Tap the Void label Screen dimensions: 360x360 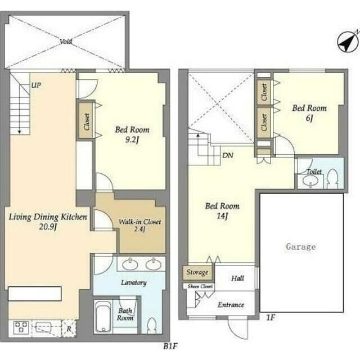tap(66, 42)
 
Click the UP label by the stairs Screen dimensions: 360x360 tap(36, 85)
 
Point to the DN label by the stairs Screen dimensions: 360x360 tap(227, 155)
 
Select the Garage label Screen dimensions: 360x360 tap(301, 247)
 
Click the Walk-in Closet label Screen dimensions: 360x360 tap(140, 222)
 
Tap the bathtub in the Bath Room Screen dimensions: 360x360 tap(103, 317)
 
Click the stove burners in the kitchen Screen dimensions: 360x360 tap(21, 326)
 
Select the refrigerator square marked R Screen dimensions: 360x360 tap(69, 328)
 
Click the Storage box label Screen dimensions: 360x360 tap(197, 272)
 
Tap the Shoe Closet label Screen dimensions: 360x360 tap(200, 286)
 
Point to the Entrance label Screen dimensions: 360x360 tap(231, 305)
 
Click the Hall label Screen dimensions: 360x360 tap(237, 278)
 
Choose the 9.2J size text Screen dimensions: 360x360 tap(132, 140)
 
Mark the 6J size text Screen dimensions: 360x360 tap(309, 118)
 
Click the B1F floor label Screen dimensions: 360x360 tap(170, 346)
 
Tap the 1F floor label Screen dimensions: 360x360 tap(271, 317)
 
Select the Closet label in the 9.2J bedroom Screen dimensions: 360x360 tap(87, 122)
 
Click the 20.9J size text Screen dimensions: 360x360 tap(48, 227)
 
